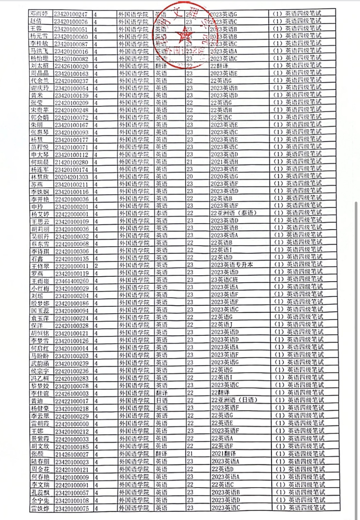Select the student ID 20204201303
click(72, 177)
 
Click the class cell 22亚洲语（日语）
click(234, 400)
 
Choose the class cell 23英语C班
click(225, 280)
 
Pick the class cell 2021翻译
click(224, 454)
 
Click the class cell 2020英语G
click(224, 176)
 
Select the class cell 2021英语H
click(224, 162)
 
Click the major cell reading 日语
click(162, 400)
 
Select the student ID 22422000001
click(72, 214)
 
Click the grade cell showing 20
click(190, 176)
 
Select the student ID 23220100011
click(72, 266)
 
